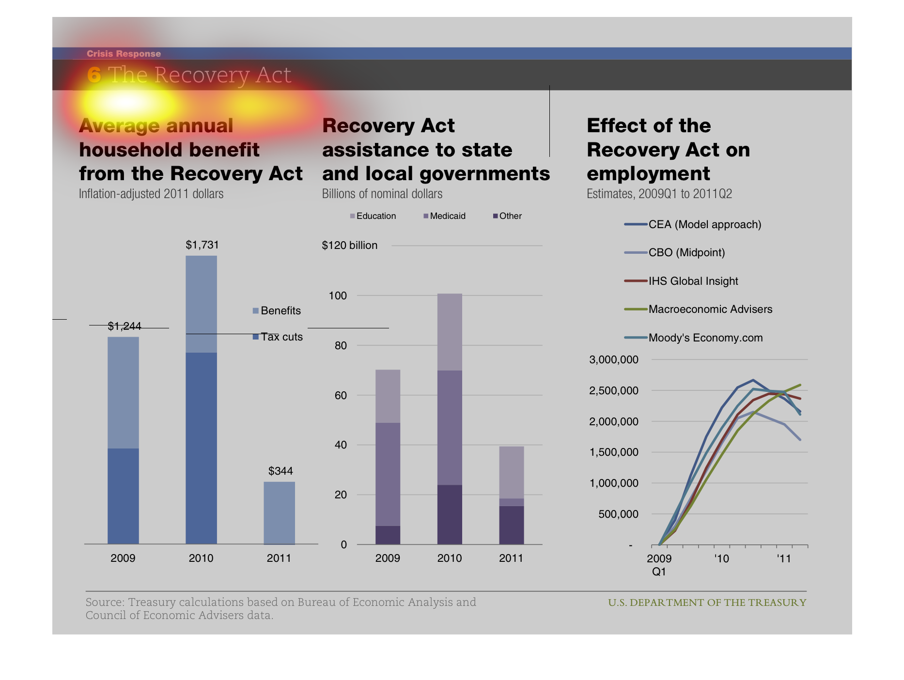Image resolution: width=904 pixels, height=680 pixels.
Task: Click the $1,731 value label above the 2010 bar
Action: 202,245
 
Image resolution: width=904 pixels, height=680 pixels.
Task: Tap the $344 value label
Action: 281,471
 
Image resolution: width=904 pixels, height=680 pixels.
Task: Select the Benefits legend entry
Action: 277,310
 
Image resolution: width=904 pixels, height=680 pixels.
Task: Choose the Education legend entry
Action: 373,216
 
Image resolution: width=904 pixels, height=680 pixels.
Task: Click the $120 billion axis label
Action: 350,246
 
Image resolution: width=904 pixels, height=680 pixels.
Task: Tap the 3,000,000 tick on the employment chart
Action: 613,359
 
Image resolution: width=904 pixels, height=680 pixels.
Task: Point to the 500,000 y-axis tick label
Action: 618,514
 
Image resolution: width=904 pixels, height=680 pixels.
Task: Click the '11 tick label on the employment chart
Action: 783,558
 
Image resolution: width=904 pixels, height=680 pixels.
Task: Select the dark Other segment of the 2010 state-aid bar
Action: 450,514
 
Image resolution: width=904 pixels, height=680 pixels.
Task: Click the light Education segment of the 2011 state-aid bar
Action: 512,472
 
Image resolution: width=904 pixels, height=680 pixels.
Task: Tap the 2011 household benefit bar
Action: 279,512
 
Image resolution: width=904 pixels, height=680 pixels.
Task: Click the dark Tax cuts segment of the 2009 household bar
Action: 123,496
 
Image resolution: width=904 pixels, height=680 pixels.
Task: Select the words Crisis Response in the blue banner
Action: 124,54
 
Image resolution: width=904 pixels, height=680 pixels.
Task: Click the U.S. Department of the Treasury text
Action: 707,603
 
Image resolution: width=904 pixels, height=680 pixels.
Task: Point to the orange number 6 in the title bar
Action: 94,75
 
